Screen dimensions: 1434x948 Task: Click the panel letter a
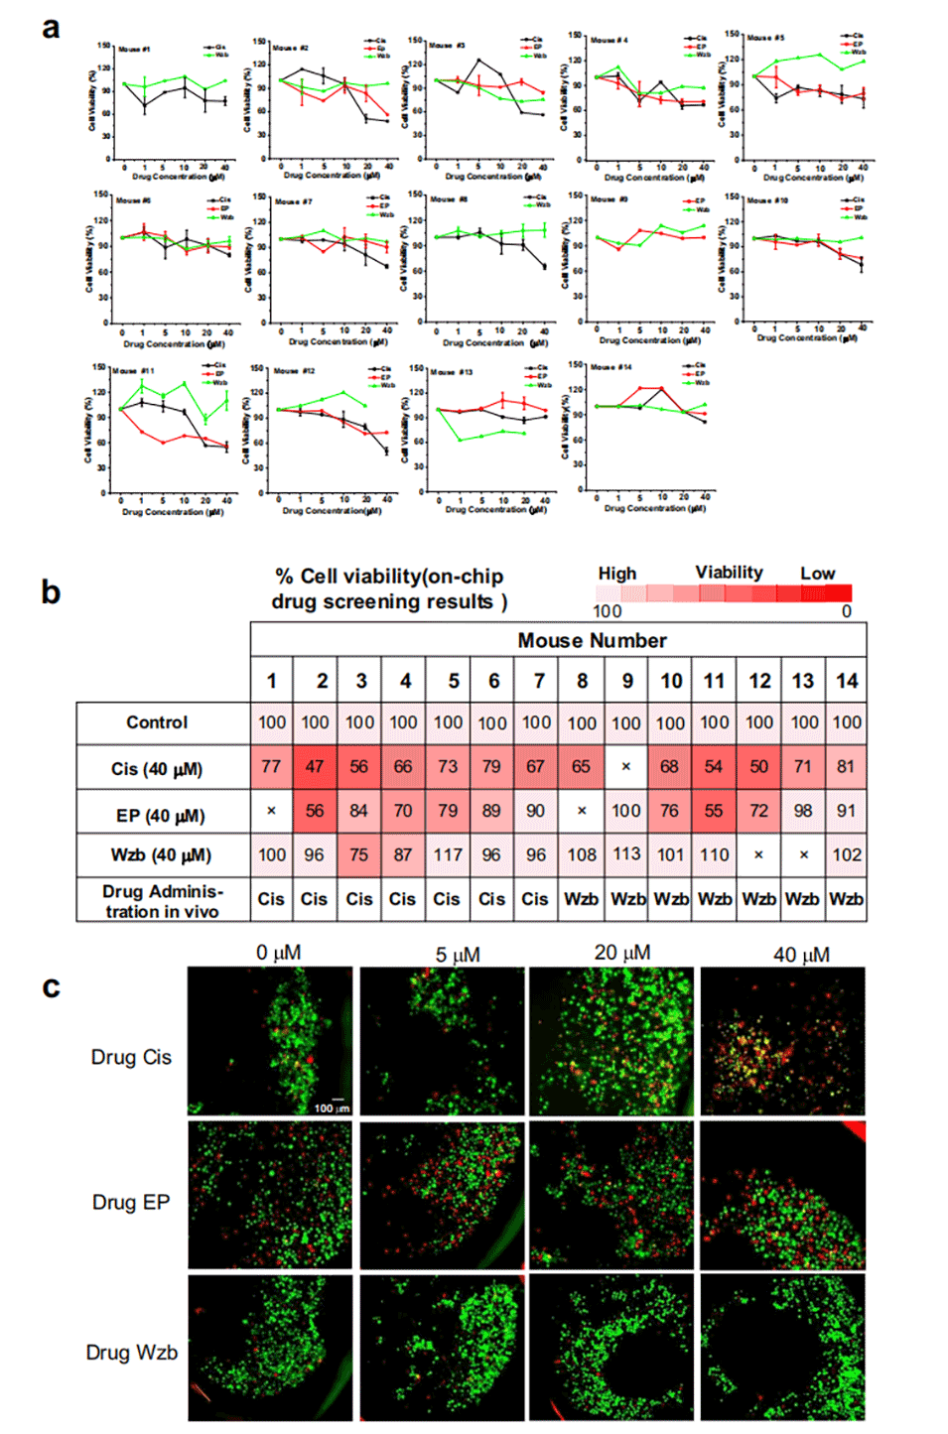click(x=51, y=28)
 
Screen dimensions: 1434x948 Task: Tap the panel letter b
click(x=51, y=592)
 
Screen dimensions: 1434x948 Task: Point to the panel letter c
click(x=51, y=986)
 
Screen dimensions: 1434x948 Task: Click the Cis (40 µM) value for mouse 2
click(x=315, y=767)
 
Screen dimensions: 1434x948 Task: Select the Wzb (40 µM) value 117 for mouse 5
click(x=448, y=854)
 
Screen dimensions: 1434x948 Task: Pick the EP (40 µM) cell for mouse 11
click(x=714, y=811)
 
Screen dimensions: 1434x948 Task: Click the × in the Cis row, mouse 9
click(x=625, y=767)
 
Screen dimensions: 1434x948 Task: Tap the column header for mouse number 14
click(x=847, y=681)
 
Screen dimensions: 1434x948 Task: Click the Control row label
click(x=157, y=722)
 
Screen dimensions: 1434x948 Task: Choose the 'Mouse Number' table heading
click(x=592, y=640)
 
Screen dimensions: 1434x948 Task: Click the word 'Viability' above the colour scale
click(x=729, y=573)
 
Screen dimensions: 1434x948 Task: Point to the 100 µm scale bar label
click(x=332, y=1108)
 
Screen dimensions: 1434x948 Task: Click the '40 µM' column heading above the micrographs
click(x=801, y=955)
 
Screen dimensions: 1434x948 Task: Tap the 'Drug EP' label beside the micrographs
click(x=131, y=1202)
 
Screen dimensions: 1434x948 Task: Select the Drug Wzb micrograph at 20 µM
click(x=611, y=1348)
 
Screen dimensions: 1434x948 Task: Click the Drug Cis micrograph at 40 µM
click(x=782, y=1041)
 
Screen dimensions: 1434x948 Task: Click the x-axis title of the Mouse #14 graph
click(x=654, y=508)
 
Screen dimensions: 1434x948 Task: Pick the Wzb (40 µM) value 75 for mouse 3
click(x=359, y=854)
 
